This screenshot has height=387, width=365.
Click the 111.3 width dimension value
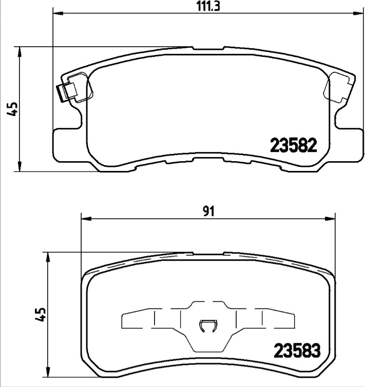[x=204, y=6]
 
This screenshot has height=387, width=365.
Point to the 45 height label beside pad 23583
[x=42, y=314]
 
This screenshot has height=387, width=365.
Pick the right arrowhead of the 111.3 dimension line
[x=357, y=14]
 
